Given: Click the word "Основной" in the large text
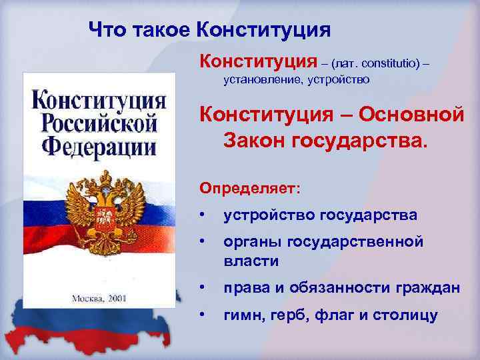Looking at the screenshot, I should pos(412,114).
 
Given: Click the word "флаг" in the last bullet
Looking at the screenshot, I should pos(339,315).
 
